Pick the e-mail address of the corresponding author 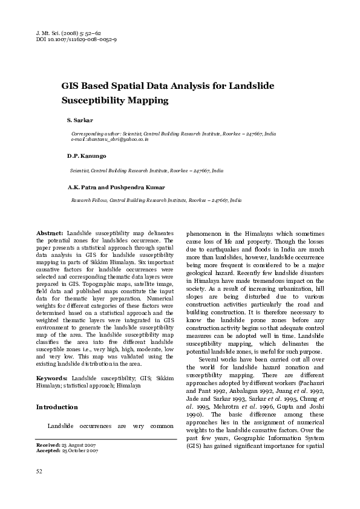110,139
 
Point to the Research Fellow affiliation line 156,199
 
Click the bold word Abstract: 50,233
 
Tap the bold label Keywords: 52,378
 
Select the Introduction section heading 57,407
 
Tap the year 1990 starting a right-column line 195,415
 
